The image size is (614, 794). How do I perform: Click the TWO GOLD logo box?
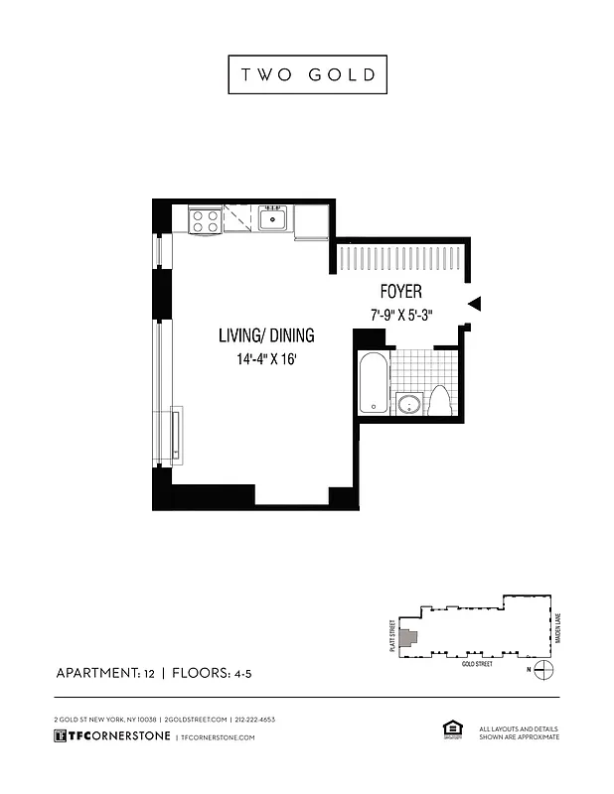307,75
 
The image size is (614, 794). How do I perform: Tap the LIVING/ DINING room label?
266,335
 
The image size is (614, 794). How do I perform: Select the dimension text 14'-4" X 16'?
266,360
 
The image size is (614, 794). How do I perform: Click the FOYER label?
400,292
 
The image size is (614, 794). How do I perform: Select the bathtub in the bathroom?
373,382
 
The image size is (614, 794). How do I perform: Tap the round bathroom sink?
408,403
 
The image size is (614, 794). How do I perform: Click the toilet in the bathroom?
439,400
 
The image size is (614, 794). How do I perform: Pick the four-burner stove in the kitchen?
205,220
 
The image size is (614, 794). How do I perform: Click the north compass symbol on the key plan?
542,671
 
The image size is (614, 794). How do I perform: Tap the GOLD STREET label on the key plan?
477,663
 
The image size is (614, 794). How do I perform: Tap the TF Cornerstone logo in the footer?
110,736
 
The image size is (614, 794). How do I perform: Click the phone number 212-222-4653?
255,719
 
